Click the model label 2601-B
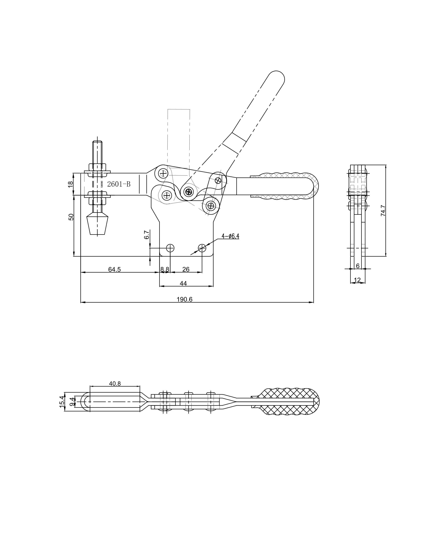tap(119, 184)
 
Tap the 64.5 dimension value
tap(115, 269)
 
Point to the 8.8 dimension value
tap(165, 269)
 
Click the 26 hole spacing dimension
tap(186, 269)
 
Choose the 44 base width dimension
tap(183, 284)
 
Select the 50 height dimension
tap(71, 217)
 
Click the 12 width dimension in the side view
tap(357, 280)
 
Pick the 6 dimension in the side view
tap(358, 266)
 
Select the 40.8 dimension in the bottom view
tap(115, 383)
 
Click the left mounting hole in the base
tap(170, 248)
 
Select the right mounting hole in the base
tap(202, 248)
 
